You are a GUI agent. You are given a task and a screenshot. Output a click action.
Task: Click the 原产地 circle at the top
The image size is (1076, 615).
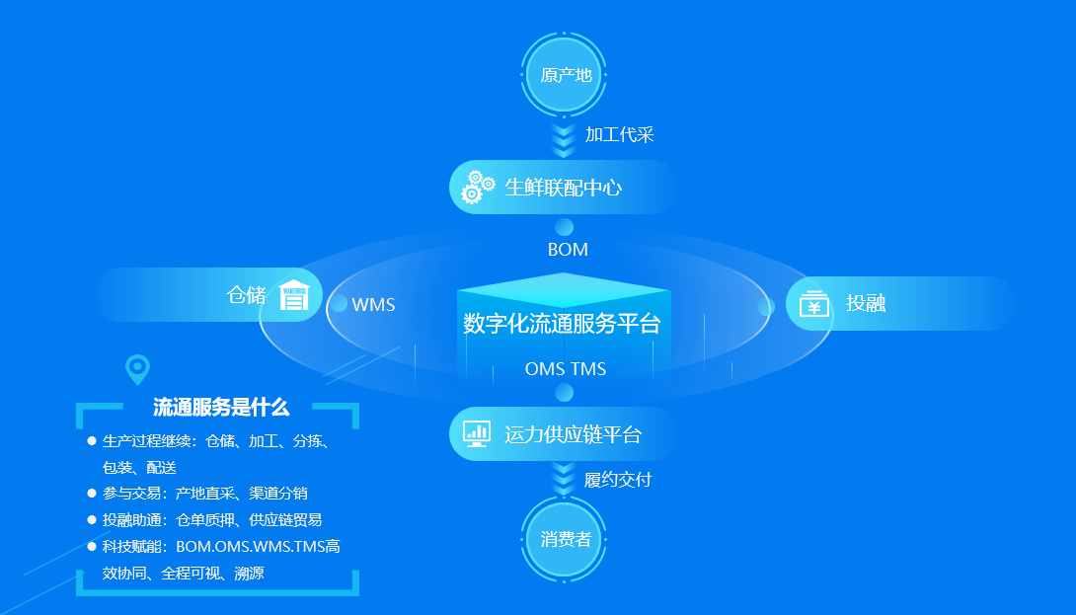coord(564,74)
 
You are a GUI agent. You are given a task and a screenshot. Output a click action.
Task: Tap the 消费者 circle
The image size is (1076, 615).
coord(564,540)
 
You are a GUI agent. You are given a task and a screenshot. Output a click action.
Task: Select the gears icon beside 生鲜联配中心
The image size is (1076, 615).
coord(478,187)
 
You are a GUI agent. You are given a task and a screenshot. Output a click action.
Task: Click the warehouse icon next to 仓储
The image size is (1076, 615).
coord(294,295)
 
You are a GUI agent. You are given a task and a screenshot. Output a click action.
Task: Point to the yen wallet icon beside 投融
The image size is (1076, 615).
coord(813,304)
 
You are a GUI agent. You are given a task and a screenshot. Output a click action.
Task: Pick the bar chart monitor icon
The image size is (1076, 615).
coord(476,433)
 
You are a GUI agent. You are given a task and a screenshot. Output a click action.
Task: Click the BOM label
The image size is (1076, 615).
coord(568,250)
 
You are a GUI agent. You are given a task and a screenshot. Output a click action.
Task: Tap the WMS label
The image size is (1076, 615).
coord(373,305)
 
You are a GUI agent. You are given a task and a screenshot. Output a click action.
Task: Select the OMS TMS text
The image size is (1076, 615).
coord(566,369)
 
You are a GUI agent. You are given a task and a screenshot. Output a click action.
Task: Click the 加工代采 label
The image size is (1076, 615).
coord(619,134)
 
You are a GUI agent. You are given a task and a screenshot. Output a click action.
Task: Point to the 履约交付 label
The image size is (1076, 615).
coord(618,480)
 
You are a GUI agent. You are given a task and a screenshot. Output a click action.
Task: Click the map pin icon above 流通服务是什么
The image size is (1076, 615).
coord(137,369)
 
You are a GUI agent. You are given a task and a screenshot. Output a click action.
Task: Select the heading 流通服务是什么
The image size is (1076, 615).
coord(221,408)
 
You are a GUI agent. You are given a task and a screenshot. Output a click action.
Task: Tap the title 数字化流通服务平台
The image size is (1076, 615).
coord(562,323)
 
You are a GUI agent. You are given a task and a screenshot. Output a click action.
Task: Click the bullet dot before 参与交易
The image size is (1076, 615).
coord(91,493)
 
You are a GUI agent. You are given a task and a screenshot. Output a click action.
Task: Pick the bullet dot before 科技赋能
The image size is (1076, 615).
coord(91,546)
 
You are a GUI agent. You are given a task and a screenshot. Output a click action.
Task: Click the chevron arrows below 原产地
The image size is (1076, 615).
coord(564,140)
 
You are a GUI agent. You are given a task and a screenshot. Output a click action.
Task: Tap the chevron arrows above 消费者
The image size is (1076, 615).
coord(564,478)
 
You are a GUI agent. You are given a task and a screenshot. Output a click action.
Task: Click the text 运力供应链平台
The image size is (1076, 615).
coord(573,434)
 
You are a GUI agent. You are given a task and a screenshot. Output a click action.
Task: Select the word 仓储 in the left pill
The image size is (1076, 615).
coord(246,295)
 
